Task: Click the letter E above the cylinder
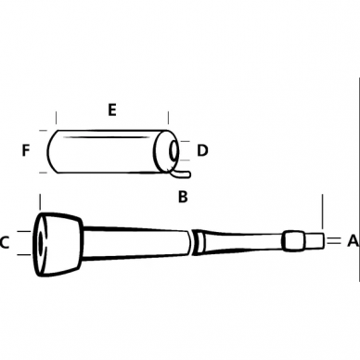(111, 110)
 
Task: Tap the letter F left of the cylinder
(26, 149)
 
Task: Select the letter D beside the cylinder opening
(203, 149)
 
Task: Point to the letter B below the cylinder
(183, 197)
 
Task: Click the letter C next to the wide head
(6, 243)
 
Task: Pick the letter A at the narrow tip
(353, 241)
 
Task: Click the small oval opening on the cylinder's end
(174, 150)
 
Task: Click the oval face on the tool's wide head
(42, 243)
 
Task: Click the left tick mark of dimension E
(57, 120)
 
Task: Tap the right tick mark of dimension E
(168, 120)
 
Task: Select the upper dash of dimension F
(42, 130)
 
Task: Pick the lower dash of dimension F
(42, 172)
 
